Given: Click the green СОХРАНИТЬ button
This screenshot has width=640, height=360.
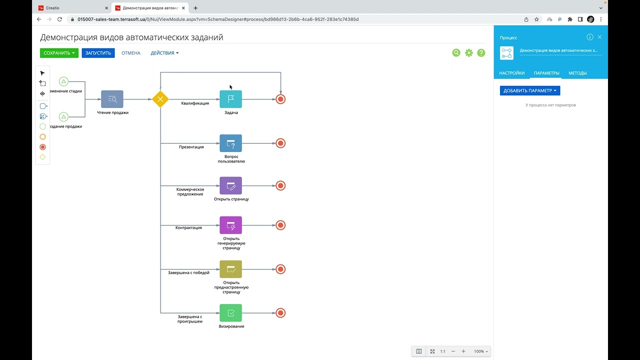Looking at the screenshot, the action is [x=59, y=53].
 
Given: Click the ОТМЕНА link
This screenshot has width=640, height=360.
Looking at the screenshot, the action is [x=131, y=53].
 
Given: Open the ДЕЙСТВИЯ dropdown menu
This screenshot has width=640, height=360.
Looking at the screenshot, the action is [x=164, y=53].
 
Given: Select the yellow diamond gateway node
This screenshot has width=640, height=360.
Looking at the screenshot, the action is [x=160, y=99].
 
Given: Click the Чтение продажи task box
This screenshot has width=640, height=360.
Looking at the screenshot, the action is [x=112, y=99].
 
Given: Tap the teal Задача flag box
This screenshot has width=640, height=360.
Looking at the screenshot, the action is [x=231, y=99].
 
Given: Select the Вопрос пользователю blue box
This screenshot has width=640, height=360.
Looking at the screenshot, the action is [x=231, y=143].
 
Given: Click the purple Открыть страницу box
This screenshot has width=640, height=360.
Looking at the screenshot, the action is [x=231, y=185].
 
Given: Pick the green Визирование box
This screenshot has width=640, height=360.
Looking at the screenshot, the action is [x=231, y=313].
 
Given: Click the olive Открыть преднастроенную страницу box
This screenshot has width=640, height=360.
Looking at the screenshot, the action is [x=231, y=269].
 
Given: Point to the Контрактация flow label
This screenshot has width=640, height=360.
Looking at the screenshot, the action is [x=188, y=227].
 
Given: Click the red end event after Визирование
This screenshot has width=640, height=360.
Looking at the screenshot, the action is [x=280, y=313].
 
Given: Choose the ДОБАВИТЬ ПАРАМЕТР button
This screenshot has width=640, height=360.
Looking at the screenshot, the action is [x=530, y=90].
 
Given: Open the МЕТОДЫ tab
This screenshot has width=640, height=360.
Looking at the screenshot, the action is [x=577, y=73].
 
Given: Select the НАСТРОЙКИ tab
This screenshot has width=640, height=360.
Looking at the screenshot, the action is [x=511, y=73].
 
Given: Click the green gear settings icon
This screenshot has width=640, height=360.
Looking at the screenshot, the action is [x=469, y=53].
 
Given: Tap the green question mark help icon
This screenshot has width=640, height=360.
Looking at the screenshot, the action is [x=481, y=53].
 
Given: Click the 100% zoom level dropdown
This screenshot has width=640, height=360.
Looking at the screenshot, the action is [x=481, y=351].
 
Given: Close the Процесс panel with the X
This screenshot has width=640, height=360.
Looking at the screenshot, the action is [x=599, y=37].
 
